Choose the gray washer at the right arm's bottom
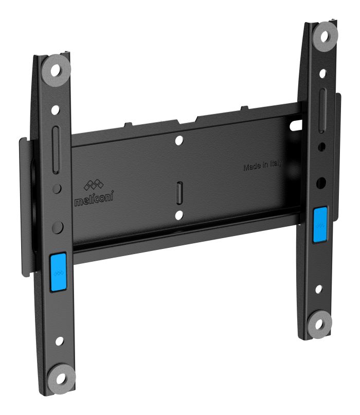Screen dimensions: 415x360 pos(320,324)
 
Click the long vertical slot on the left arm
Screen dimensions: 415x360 pos(55,153)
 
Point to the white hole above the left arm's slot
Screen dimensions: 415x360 pos(54,110)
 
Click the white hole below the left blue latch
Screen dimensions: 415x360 pos(59,341)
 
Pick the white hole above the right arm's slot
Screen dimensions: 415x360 pos(322,74)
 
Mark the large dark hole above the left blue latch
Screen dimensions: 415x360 pos(57,226)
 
